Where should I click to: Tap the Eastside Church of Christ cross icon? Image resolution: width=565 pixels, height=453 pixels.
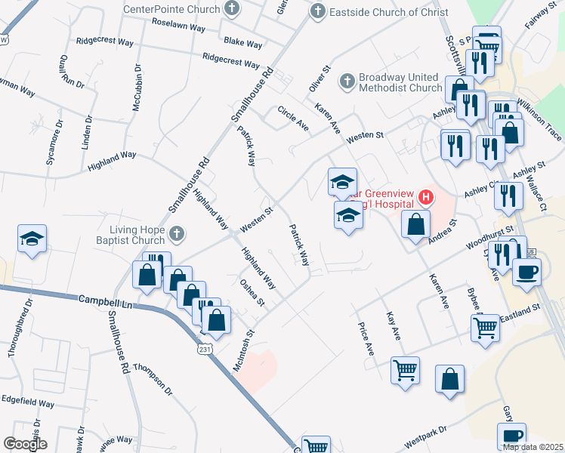tap(318, 11)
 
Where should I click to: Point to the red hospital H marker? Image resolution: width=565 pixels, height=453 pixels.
tap(427, 198)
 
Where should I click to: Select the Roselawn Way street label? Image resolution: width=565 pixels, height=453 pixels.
tap(178, 26)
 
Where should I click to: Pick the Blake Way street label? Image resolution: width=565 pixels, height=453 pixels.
tap(242, 44)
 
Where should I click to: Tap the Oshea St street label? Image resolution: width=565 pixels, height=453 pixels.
tap(252, 292)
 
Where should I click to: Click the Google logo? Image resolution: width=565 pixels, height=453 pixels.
tap(26, 443)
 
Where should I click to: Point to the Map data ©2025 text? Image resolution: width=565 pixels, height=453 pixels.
tap(531, 447)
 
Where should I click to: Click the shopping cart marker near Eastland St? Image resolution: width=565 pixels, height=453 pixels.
tap(485, 328)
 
